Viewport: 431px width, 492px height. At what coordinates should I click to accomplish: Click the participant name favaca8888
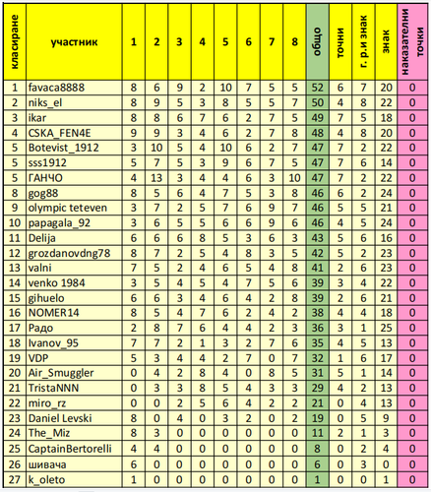[57, 88]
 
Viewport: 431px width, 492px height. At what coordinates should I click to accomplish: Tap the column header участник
[70, 43]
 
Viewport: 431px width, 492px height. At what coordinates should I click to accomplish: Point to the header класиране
[14, 43]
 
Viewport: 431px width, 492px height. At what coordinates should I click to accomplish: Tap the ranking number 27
[14, 477]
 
